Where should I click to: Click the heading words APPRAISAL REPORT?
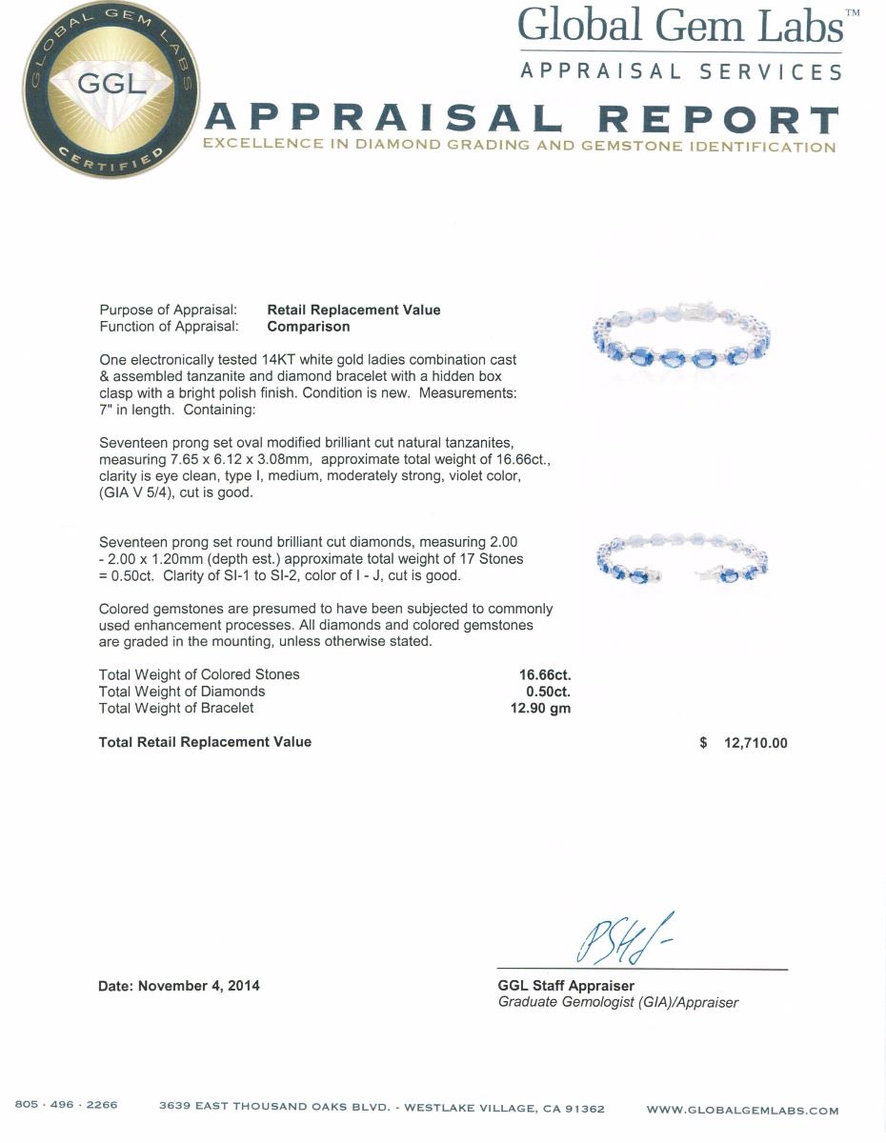[x=522, y=119]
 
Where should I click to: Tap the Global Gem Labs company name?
[x=680, y=27]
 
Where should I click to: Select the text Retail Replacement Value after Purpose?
[x=353, y=310]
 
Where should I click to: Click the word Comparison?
[x=309, y=327]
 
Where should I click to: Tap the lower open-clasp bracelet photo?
[x=681, y=562]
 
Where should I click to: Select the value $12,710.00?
[x=744, y=743]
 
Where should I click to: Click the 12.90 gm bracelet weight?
[x=540, y=709]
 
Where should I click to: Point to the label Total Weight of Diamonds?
[x=182, y=692]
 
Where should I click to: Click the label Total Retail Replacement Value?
[x=205, y=742]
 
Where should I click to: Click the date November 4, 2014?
[x=179, y=986]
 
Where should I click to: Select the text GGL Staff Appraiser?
[x=566, y=986]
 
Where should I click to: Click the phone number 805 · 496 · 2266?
[x=67, y=1105]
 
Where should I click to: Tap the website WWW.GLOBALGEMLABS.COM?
[x=742, y=1110]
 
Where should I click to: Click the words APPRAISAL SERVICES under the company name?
[x=681, y=71]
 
